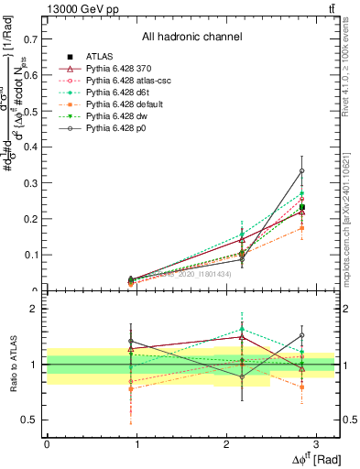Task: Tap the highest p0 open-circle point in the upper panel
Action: (302, 171)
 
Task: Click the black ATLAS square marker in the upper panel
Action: (302, 207)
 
